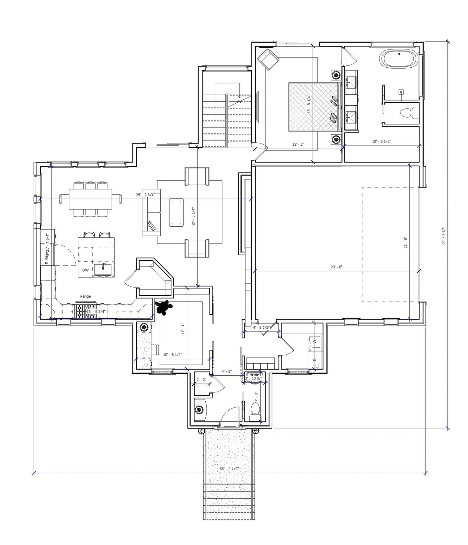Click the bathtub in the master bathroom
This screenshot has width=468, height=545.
[399, 59]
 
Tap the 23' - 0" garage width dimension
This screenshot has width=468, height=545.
[337, 267]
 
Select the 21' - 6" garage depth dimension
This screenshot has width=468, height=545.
[405, 242]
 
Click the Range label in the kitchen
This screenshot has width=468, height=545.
[85, 296]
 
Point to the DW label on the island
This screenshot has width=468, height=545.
[85, 270]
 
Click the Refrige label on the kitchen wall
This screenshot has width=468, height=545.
[47, 258]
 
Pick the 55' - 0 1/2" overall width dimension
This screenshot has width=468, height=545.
[229, 469]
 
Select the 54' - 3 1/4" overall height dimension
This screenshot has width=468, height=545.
[443, 235]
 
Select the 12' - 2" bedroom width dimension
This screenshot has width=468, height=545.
[298, 144]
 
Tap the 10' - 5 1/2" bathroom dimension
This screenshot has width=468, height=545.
[381, 142]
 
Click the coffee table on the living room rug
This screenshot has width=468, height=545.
[176, 212]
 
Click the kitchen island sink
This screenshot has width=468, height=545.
[103, 269]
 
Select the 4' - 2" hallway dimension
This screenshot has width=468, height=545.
[226, 371]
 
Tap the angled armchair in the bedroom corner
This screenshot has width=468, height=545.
[268, 59]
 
